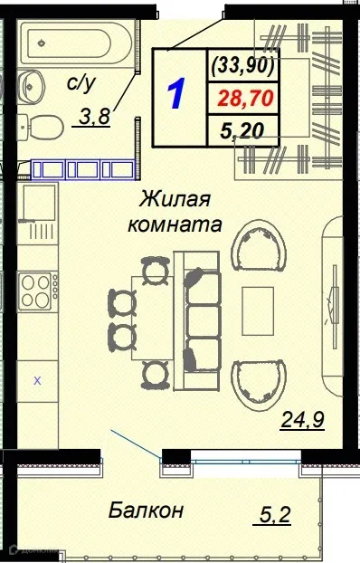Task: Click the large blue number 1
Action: click(177, 94)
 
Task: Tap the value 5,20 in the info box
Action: click(242, 130)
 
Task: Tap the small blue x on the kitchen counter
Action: click(37, 381)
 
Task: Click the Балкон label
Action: click(146, 510)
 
